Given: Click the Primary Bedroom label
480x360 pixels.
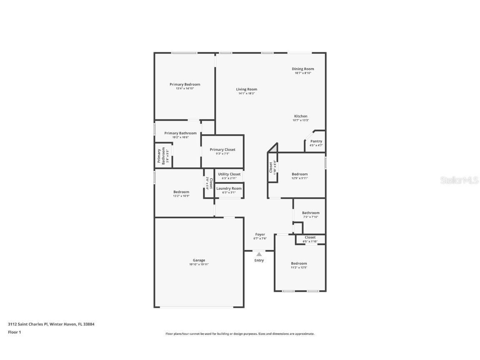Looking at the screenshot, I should pyautogui.click(x=185, y=85).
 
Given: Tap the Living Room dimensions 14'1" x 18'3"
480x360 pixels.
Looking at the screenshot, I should pyautogui.click(x=246, y=93).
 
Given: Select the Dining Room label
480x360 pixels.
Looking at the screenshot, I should pyautogui.click(x=303, y=69).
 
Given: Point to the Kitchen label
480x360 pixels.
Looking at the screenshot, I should pyautogui.click(x=301, y=116).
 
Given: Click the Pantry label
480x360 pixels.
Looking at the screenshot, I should pyautogui.click(x=316, y=141).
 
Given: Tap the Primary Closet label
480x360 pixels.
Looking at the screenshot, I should pyautogui.click(x=222, y=150).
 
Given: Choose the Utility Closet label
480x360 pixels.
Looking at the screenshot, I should pyautogui.click(x=229, y=174).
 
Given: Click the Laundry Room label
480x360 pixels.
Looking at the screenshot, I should pyautogui.click(x=229, y=188).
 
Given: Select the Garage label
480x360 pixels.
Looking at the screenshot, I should pyautogui.click(x=199, y=260).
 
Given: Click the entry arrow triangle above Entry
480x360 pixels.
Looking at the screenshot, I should pyautogui.click(x=259, y=254).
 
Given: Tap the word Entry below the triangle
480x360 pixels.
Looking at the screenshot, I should pyautogui.click(x=259, y=260).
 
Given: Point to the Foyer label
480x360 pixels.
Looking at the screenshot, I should pyautogui.click(x=260, y=235).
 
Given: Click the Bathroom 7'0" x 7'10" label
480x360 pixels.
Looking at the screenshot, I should pyautogui.click(x=311, y=213).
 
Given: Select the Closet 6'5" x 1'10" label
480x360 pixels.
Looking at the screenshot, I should pyautogui.click(x=310, y=237).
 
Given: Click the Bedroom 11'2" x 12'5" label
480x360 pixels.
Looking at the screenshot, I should pyautogui.click(x=299, y=263).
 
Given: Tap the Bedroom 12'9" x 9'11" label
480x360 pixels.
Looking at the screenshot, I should pyautogui.click(x=300, y=174).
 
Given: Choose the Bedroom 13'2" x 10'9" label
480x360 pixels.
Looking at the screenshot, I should pyautogui.click(x=181, y=192).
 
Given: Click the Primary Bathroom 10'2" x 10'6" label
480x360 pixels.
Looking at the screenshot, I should pyautogui.click(x=180, y=133).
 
